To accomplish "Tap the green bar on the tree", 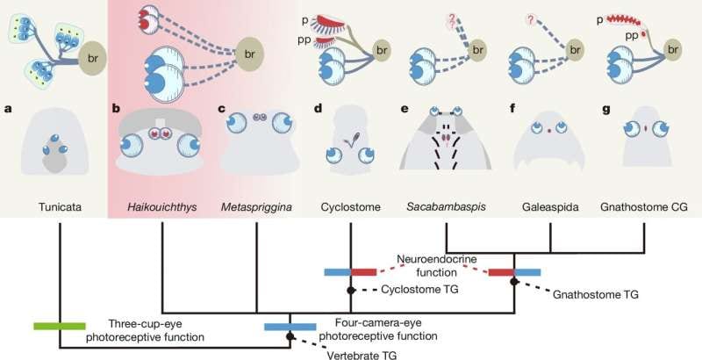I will [x=59, y=326].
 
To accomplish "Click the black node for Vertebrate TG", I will [x=290, y=336].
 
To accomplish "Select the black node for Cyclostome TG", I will [x=350, y=290].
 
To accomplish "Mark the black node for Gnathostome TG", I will [x=514, y=281].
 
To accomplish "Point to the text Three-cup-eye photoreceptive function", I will [x=155, y=328].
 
